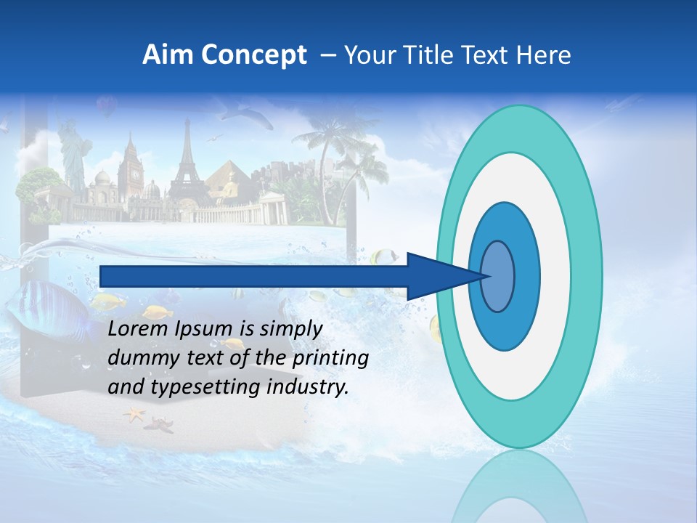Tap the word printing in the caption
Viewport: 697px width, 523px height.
[x=330, y=359]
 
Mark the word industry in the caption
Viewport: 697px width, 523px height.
[x=308, y=387]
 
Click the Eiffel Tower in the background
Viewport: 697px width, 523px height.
[x=187, y=167]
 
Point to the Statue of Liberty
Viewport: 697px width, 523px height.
[x=73, y=156]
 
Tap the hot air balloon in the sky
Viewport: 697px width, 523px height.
[x=107, y=107]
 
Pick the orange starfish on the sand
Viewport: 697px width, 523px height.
[x=134, y=415]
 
